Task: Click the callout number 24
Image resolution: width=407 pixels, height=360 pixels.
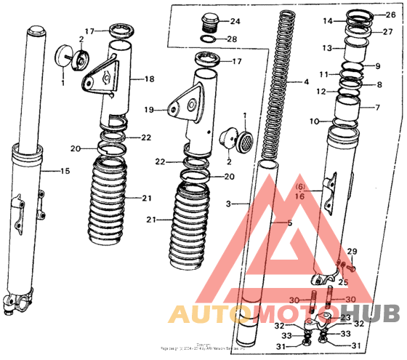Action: click(235, 21)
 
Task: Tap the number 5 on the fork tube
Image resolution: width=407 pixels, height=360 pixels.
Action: click(289, 223)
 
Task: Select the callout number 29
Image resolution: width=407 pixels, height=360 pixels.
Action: click(352, 251)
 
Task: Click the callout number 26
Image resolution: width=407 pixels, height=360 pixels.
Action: click(390, 15)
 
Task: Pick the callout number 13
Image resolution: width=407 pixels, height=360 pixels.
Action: click(328, 48)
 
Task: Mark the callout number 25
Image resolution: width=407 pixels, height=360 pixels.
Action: click(344, 281)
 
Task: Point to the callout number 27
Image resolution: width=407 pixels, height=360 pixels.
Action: click(387, 32)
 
